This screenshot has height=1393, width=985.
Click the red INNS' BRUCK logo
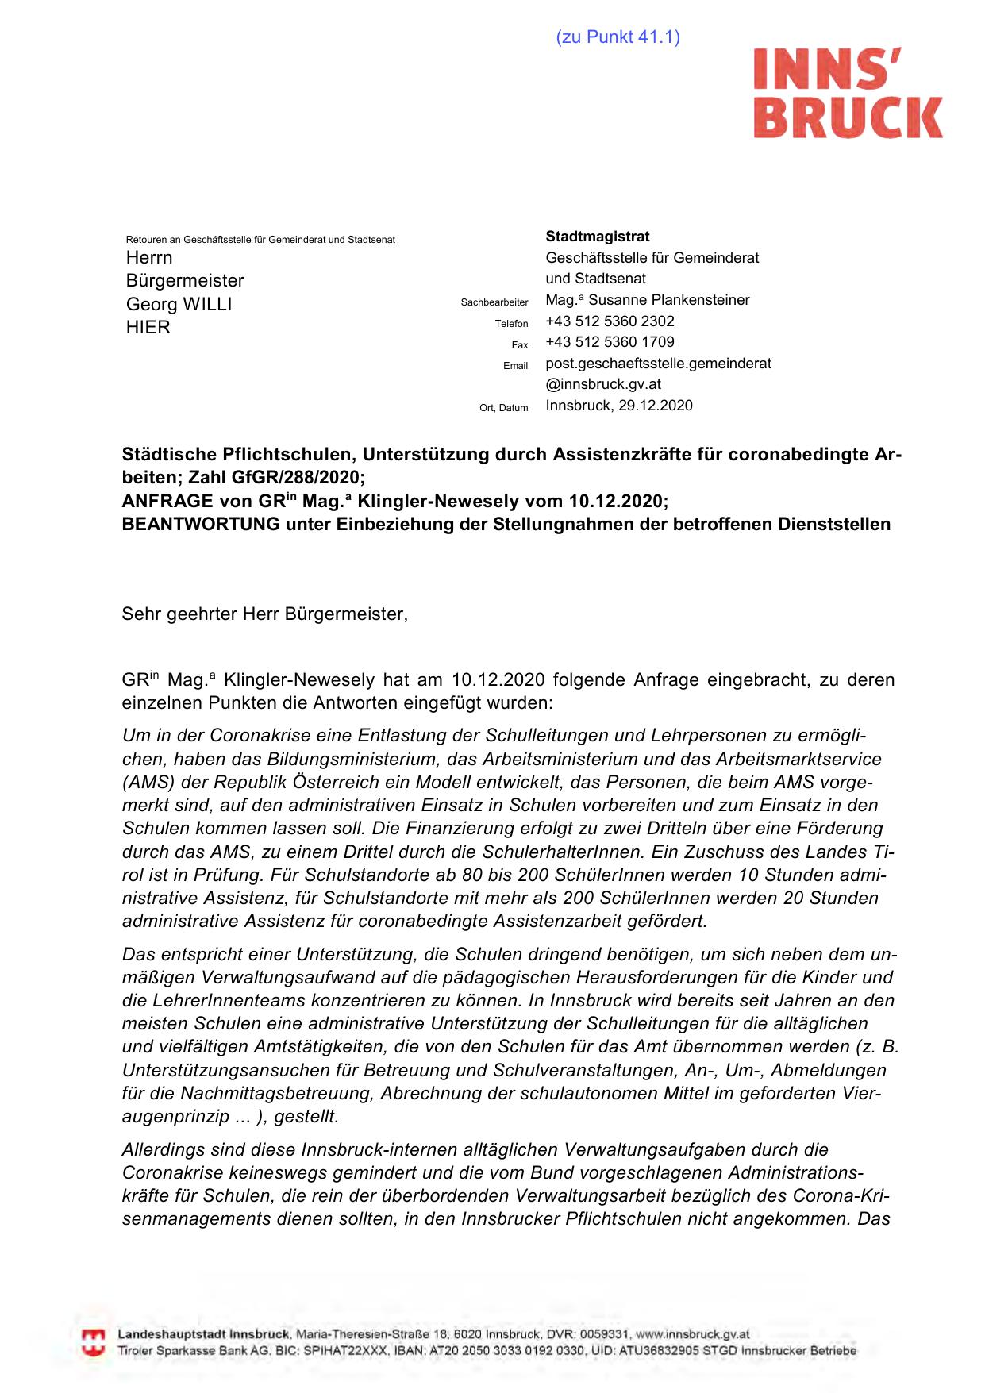tap(848, 94)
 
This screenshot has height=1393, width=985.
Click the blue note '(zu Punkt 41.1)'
tap(618, 37)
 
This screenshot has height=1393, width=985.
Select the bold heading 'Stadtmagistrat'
tap(598, 237)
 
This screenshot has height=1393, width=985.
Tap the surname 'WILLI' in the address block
tap(207, 305)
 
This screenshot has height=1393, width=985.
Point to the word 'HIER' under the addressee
tap(148, 328)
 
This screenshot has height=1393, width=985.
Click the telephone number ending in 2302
tap(610, 321)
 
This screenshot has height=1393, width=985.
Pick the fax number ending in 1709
tap(610, 342)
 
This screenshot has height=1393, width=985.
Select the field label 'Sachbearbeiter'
tap(494, 302)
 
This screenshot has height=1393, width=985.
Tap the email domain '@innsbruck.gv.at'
tap(603, 384)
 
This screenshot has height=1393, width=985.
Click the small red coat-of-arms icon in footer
tap(94, 1342)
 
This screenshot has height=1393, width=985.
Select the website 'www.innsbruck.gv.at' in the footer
tap(692, 1334)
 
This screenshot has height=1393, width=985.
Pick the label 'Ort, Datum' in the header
tap(503, 408)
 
